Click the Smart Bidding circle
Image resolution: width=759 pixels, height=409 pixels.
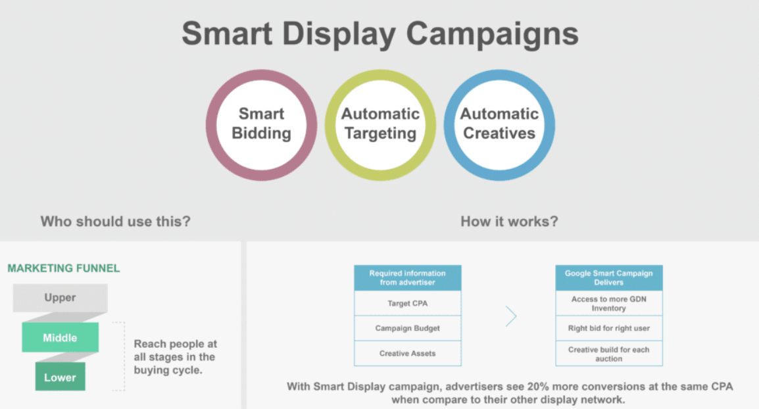point(261,125)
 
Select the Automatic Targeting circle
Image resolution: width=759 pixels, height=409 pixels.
point(380,125)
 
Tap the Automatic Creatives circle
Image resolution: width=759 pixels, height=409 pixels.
point(500,125)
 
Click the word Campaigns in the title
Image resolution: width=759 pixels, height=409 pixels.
point(492,34)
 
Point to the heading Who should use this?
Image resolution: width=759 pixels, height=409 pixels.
point(116,221)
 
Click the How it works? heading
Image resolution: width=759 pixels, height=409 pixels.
point(509,221)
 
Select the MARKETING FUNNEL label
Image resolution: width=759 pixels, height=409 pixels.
point(63,268)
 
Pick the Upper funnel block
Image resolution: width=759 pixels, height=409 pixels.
point(60,298)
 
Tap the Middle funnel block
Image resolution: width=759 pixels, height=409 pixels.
point(60,337)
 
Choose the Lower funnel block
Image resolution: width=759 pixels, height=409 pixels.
point(60,377)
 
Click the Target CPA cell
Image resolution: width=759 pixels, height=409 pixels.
point(408,304)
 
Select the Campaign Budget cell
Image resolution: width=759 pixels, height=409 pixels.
point(408,328)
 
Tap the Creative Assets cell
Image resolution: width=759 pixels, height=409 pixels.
point(408,353)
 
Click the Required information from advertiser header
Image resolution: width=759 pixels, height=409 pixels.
point(408,278)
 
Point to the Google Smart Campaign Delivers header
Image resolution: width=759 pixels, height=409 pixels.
point(609,278)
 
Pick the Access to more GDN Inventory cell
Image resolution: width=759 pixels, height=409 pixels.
point(609,304)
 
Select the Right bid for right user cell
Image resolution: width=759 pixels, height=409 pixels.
point(609,328)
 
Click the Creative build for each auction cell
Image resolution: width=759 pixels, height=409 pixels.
point(609,354)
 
